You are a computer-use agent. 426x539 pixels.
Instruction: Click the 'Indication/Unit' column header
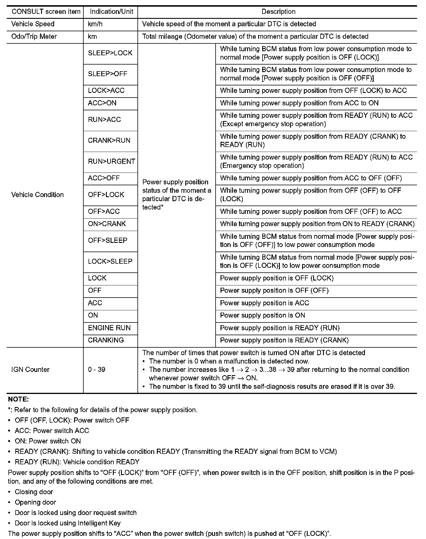click(x=111, y=12)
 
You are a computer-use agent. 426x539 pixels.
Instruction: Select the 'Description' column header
click(x=278, y=12)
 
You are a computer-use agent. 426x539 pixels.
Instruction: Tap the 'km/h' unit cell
click(x=95, y=24)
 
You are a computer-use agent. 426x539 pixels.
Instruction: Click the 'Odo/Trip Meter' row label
click(x=34, y=36)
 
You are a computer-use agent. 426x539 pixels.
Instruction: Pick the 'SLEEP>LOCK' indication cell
click(x=110, y=53)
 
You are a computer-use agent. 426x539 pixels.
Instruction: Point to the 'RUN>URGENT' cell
click(x=111, y=161)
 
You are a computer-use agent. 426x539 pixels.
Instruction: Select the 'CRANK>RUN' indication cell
click(x=109, y=140)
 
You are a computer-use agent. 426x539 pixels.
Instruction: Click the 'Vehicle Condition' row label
click(x=37, y=195)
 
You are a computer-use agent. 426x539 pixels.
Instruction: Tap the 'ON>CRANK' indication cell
click(x=107, y=224)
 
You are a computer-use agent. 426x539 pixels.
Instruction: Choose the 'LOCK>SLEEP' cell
click(x=110, y=261)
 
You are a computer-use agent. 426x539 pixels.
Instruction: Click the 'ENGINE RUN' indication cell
click(x=109, y=328)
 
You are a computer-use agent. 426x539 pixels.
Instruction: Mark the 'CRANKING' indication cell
click(x=106, y=340)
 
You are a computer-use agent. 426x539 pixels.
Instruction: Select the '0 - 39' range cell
click(x=96, y=370)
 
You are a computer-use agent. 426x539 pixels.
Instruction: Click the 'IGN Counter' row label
click(x=30, y=370)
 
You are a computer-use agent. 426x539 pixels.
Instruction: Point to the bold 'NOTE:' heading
click(x=19, y=399)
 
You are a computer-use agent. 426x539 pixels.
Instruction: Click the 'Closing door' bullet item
click(x=34, y=492)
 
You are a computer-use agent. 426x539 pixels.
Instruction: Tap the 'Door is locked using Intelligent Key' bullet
click(x=67, y=523)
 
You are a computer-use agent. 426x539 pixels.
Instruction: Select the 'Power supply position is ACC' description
click(x=265, y=303)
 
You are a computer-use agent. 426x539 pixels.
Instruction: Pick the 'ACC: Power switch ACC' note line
click(x=52, y=431)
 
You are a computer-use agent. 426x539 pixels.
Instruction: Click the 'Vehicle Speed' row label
click(x=33, y=24)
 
